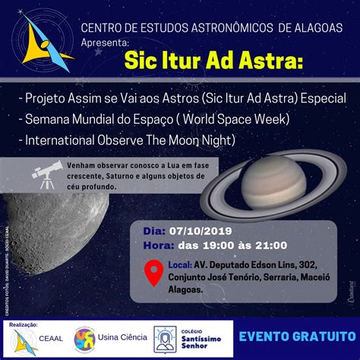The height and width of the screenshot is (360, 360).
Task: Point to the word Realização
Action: click(x=24, y=324)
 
